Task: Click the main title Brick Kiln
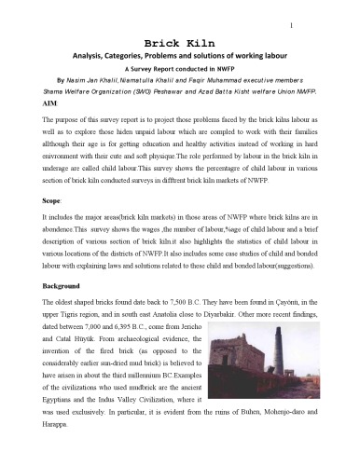[x=180, y=43]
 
